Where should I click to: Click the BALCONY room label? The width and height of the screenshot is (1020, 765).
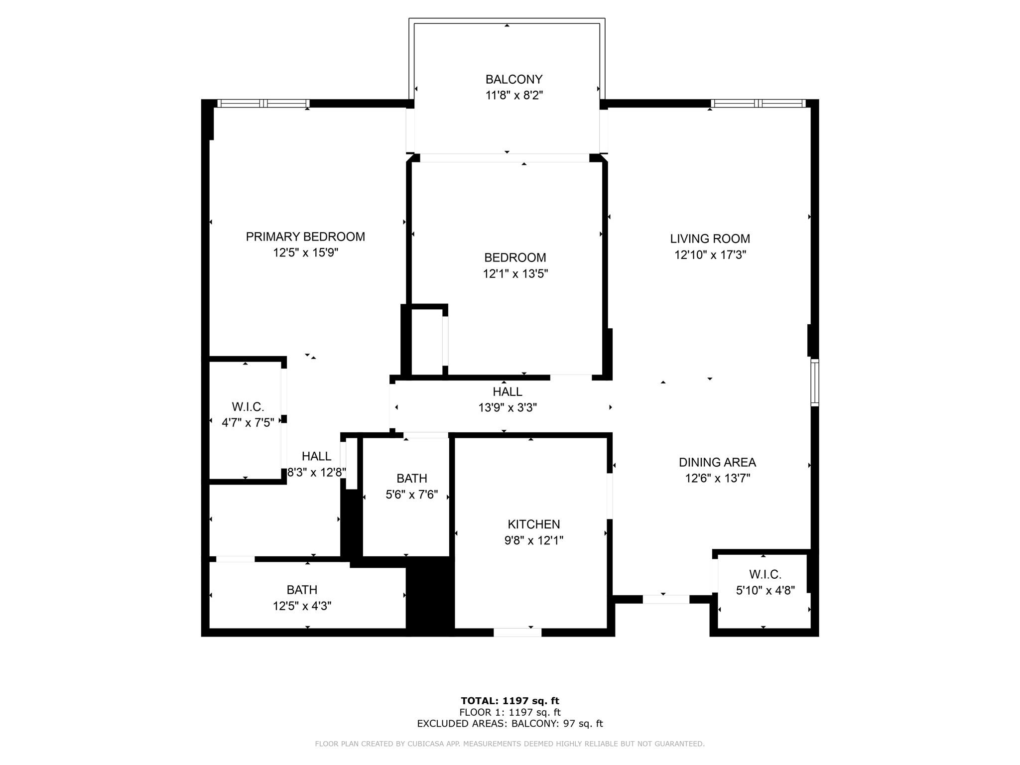[x=514, y=79]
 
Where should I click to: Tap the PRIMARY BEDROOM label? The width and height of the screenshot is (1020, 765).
[x=305, y=237]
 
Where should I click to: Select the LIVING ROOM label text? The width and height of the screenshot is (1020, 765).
[x=710, y=239]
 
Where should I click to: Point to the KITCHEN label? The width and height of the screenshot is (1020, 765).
[x=534, y=524]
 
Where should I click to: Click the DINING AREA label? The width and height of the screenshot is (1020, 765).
[x=717, y=462]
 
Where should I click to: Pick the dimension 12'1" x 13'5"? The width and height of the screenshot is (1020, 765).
[x=515, y=273]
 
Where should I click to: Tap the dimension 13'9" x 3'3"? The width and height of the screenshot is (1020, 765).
[x=508, y=407]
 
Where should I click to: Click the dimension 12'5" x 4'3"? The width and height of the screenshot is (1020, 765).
[x=302, y=606]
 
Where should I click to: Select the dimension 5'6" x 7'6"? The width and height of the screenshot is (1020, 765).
[x=411, y=495]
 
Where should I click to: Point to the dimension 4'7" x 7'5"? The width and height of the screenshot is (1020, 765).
[x=248, y=423]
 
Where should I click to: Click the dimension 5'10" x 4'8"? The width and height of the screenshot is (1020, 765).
[x=765, y=590]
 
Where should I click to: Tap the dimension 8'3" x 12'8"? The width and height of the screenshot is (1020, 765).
[x=316, y=472]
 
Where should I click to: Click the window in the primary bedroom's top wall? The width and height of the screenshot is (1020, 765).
[x=263, y=104]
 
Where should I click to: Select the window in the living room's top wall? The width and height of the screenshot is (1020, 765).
[x=758, y=104]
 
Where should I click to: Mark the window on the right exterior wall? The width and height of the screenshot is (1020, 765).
[x=815, y=382]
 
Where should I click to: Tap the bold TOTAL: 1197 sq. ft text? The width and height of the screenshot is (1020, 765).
[x=510, y=701]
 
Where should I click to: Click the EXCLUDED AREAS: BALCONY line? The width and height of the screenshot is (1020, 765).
[x=510, y=723]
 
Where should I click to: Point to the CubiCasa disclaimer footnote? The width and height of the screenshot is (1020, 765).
[x=510, y=744]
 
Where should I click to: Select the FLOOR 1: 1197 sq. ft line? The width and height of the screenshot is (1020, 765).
[x=510, y=712]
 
